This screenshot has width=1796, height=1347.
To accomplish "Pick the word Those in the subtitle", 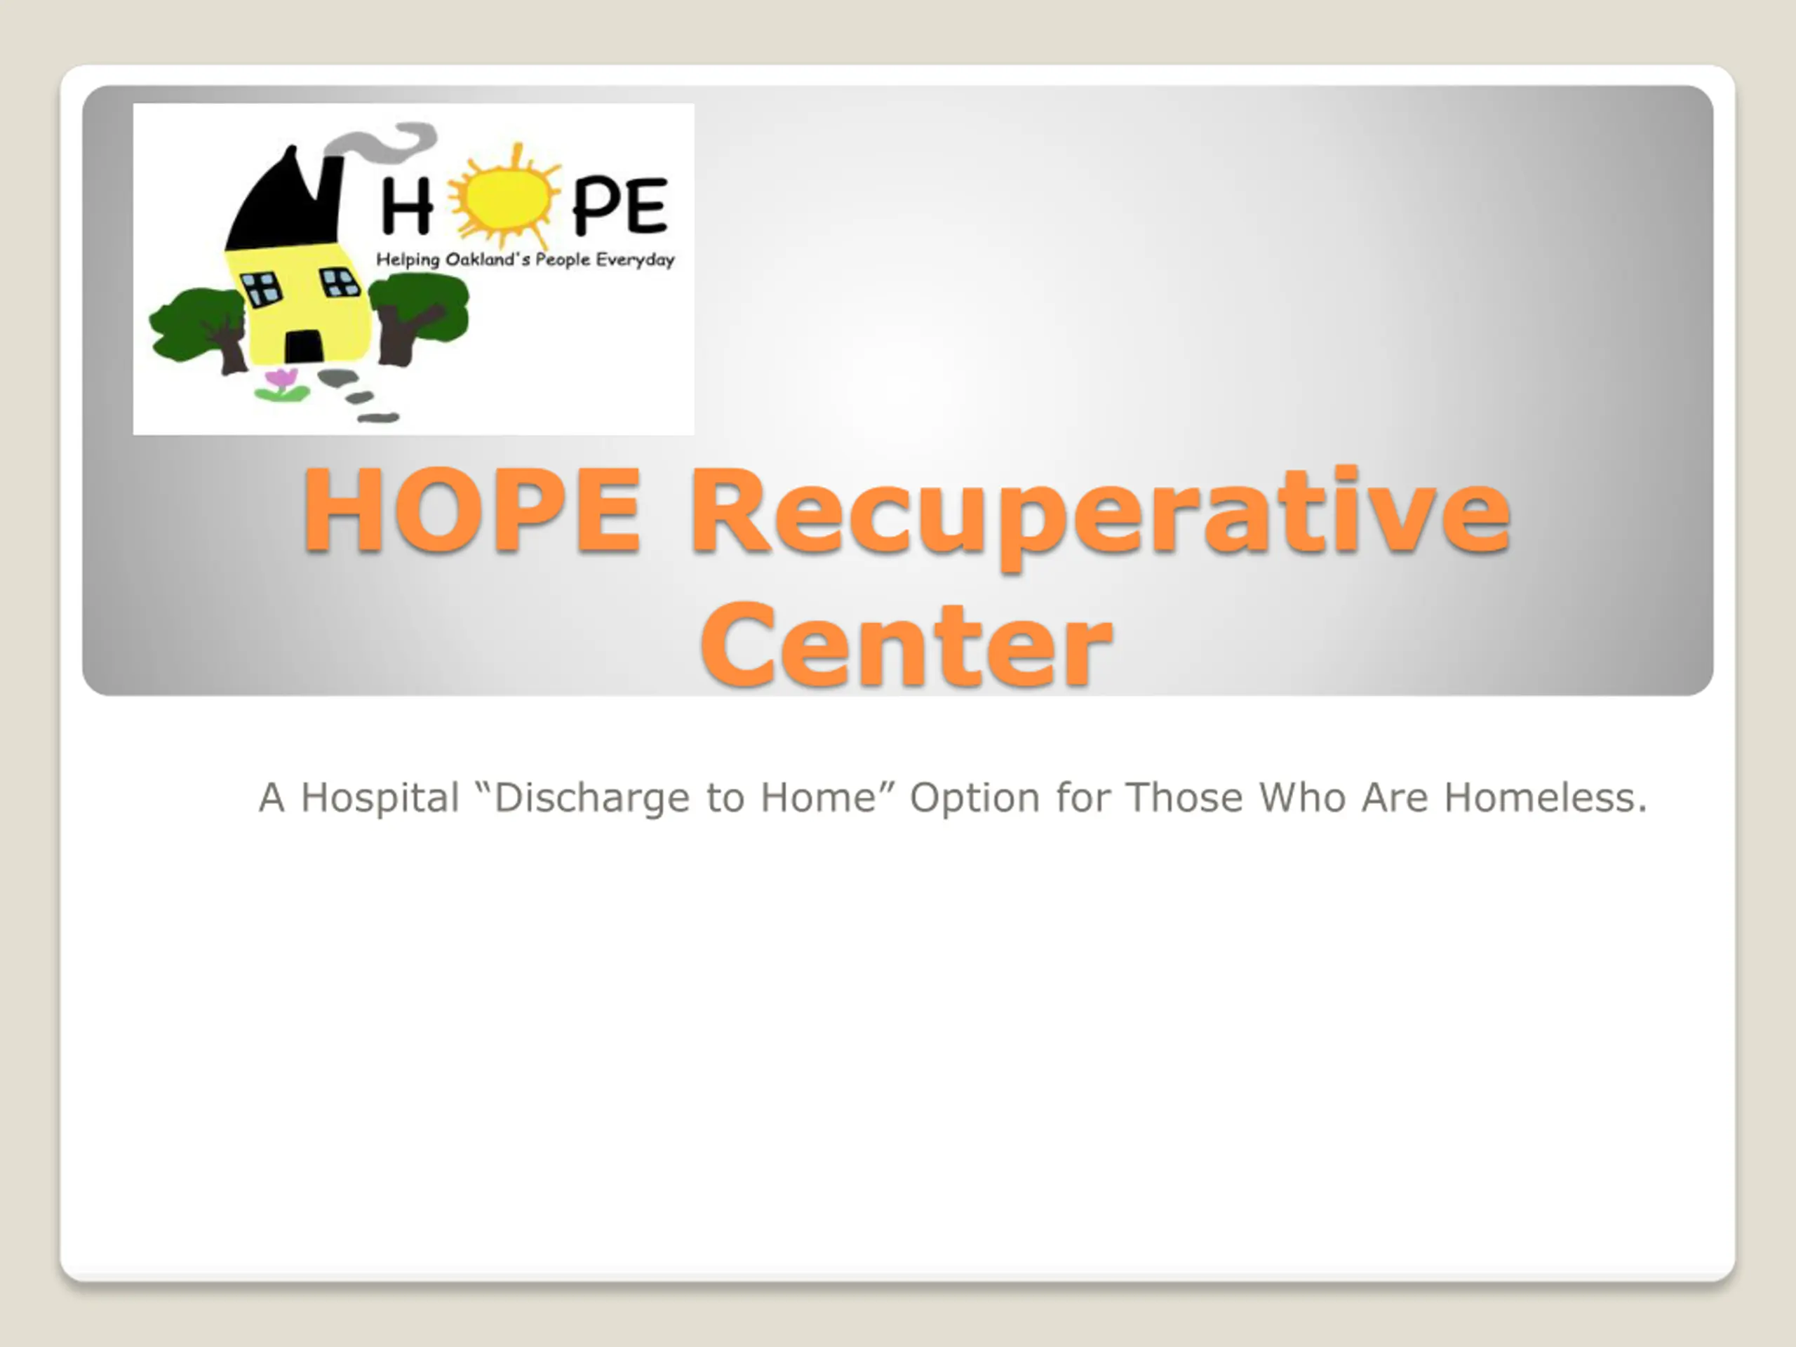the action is click(1184, 797).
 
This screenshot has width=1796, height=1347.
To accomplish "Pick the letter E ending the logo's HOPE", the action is click(647, 205).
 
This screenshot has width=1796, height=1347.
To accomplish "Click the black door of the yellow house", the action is click(304, 347).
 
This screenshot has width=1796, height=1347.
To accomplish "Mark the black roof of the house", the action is click(284, 203).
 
